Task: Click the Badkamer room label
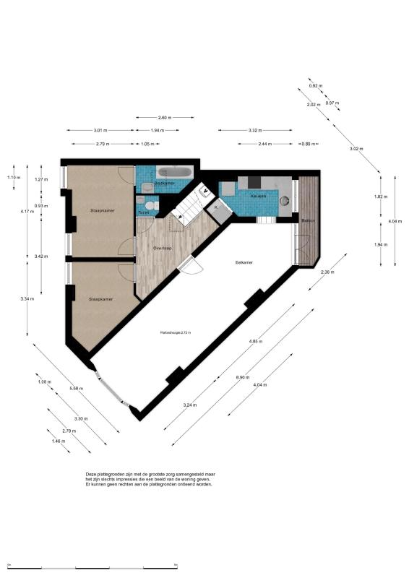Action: [165, 184]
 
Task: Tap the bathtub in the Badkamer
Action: [173, 172]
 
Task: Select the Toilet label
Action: [144, 213]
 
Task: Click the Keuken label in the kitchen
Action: [259, 197]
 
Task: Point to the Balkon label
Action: [308, 220]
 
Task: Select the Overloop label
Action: [162, 248]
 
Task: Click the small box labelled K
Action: [215, 208]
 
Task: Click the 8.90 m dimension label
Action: [243, 377]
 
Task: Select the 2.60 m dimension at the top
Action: [165, 117]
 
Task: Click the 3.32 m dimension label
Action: [254, 130]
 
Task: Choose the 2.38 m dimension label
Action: [327, 272]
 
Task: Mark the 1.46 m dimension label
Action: [58, 441]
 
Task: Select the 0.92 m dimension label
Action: [314, 86]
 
